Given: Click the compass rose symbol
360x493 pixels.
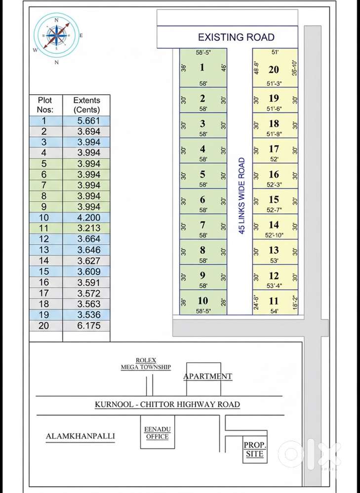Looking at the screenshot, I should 56,35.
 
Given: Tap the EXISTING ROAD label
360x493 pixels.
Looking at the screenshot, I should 236,37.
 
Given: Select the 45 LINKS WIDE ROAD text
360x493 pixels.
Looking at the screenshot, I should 241,196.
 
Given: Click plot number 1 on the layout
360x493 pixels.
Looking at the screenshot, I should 202,68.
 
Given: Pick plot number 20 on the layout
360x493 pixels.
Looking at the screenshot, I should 274,70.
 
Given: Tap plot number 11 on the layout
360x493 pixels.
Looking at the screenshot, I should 274,301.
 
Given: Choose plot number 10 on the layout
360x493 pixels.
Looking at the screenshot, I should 202,301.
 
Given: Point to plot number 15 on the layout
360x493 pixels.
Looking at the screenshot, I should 274,199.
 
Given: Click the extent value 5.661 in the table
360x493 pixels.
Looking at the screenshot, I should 86,121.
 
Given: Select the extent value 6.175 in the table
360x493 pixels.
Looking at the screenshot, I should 86,326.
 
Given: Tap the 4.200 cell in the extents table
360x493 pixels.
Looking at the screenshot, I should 86,218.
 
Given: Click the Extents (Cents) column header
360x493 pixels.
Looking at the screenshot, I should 86,105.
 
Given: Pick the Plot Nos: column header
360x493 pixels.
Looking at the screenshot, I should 45,105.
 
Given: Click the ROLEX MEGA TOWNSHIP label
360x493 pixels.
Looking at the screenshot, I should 146,364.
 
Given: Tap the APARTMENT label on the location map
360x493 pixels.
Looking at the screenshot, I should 207,376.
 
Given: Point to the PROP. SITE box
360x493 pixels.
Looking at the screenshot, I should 255,449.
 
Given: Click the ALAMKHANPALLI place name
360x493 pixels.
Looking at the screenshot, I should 80,436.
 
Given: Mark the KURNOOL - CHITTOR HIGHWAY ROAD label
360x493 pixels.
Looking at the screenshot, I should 167,405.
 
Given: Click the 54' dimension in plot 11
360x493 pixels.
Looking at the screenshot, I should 275,311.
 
